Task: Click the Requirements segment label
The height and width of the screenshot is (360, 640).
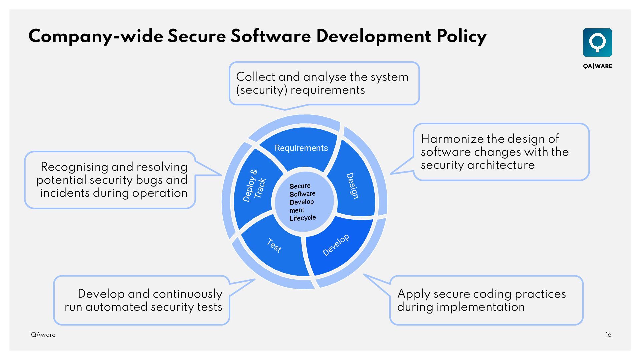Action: [301, 148]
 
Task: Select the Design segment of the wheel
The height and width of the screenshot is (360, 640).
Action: [352, 186]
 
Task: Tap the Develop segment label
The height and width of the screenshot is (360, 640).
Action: [336, 245]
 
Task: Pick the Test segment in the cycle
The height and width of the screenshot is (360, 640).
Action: [274, 246]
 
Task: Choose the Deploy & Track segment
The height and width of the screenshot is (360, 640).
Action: [254, 186]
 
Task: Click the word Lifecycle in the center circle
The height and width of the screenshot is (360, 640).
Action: [302, 218]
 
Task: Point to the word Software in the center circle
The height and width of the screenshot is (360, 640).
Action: [302, 194]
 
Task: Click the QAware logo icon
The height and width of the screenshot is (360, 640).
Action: [597, 42]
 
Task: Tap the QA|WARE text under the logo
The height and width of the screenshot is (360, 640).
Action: [597, 66]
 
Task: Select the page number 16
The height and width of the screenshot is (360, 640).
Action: [608, 335]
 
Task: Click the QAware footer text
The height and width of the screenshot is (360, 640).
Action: [43, 335]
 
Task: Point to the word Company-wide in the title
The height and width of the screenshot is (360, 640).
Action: [96, 36]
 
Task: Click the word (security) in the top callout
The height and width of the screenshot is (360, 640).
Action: [261, 90]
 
